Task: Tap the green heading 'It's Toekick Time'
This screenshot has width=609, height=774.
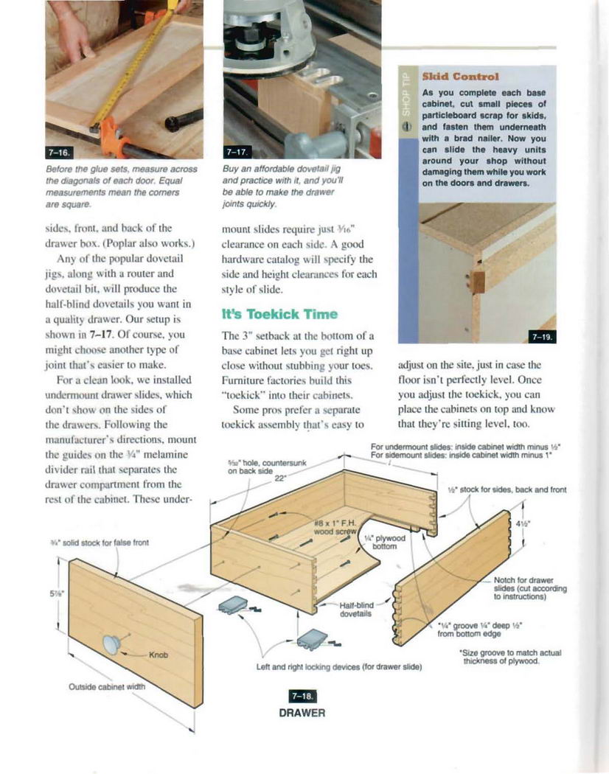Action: click(279, 314)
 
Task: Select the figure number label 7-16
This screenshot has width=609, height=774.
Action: click(58, 152)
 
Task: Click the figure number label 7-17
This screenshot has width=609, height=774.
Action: click(236, 152)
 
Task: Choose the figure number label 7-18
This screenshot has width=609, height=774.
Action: click(302, 697)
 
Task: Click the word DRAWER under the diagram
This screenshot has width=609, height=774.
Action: click(302, 713)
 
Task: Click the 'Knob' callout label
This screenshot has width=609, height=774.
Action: click(159, 655)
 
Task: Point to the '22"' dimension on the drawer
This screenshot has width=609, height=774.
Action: click(279, 478)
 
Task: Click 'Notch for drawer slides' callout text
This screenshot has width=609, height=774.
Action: click(529, 588)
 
